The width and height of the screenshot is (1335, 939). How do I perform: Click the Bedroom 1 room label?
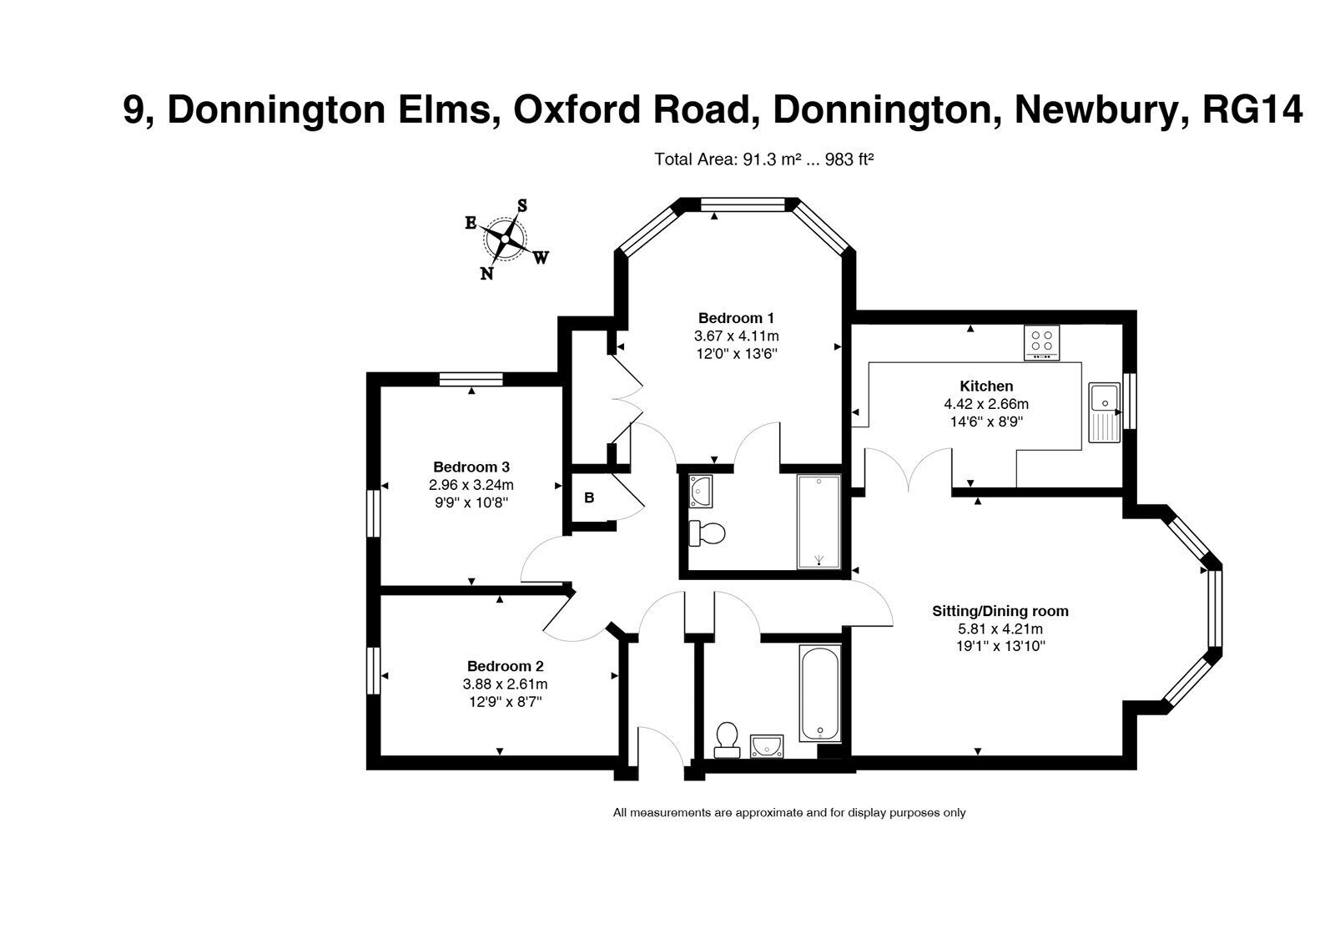[736, 318]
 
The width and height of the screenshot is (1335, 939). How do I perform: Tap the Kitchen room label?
[986, 386]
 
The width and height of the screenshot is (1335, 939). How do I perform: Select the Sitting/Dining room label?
[1000, 611]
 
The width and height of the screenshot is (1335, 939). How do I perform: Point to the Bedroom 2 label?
[505, 667]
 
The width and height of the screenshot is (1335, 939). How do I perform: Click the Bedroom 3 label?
[471, 467]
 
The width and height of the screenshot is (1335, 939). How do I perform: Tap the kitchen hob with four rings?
[1042, 343]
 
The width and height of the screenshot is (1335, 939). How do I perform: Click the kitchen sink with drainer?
[1105, 412]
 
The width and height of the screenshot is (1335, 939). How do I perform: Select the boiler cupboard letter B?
[589, 497]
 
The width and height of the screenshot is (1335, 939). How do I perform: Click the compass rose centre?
[505, 239]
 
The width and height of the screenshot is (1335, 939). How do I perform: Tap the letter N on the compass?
[487, 274]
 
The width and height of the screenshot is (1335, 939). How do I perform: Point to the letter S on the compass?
[522, 205]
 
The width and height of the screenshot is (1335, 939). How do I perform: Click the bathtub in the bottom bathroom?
[820, 694]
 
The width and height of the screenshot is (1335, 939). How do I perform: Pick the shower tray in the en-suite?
[819, 522]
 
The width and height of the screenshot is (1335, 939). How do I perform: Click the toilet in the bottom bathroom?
[727, 740]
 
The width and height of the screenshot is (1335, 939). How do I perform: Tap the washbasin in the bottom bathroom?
[767, 746]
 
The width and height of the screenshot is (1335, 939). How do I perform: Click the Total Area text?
[763, 159]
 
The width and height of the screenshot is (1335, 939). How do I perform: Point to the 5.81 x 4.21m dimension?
[1000, 629]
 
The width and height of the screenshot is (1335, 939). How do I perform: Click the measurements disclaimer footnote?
[789, 813]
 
